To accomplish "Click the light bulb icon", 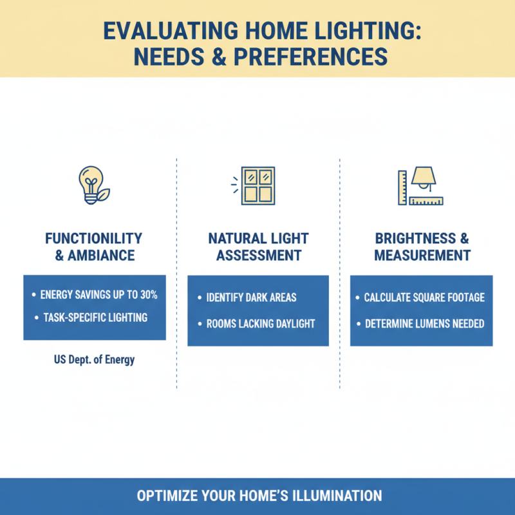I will point(92,185).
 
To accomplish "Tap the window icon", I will point(257,185).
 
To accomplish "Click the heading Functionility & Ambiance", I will point(93,247).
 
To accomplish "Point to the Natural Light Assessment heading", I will point(258,247).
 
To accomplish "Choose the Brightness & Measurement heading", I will point(422,247).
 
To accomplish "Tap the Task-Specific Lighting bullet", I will point(94,317).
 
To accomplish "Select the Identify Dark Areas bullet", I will point(252,298).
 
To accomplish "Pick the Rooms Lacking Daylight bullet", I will point(261,323).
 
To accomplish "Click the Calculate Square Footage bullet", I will point(424,297).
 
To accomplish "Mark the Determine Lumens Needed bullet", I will point(424,323).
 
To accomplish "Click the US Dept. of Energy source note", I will point(95,360).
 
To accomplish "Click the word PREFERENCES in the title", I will point(311,57).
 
